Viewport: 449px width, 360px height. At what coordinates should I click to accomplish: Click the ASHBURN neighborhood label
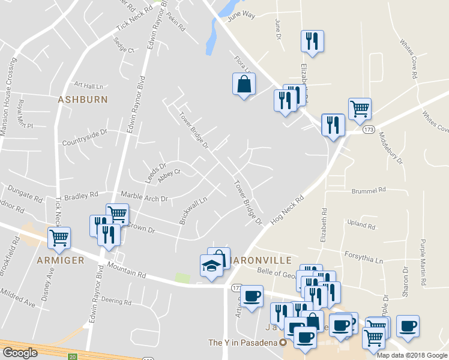tap(82, 100)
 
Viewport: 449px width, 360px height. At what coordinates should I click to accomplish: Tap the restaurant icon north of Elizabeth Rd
tap(312, 41)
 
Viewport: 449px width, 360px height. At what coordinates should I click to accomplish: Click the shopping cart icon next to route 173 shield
tap(360, 109)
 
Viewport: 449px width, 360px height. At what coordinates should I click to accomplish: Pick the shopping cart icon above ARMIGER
tap(59, 238)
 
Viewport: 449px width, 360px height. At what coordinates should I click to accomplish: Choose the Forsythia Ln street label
tap(363, 257)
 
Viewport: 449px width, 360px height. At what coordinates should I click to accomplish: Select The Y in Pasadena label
tap(243, 343)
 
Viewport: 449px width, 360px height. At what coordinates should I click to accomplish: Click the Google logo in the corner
tap(20, 352)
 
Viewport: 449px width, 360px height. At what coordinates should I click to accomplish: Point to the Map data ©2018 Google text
tap(412, 355)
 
